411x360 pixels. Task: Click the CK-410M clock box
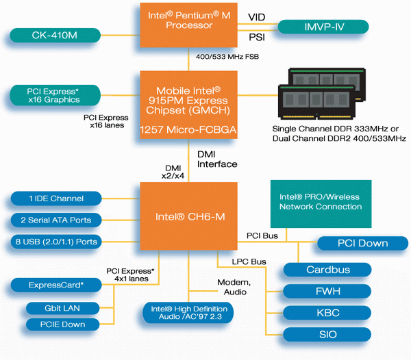click(x=55, y=35)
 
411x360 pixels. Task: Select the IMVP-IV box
click(x=323, y=27)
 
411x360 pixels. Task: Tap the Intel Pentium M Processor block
click(x=189, y=25)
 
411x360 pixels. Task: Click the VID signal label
click(x=257, y=17)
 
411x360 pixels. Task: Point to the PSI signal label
click(x=257, y=37)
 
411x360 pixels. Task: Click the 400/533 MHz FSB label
click(x=227, y=57)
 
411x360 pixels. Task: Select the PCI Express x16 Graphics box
click(x=55, y=95)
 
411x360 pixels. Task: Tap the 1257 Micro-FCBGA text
click(x=188, y=129)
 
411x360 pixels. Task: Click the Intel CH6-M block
click(x=189, y=216)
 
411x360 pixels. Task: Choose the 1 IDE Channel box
click(x=56, y=198)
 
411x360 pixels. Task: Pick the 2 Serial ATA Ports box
click(x=56, y=220)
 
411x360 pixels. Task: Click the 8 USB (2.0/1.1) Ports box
click(x=56, y=242)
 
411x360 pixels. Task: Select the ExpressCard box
click(x=56, y=285)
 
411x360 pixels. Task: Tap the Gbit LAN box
click(x=62, y=308)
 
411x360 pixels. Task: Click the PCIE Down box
click(x=62, y=324)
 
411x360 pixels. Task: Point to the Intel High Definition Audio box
click(x=188, y=313)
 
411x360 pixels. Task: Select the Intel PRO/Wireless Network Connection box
click(x=321, y=204)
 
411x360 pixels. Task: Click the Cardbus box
click(x=327, y=270)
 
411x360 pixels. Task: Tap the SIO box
click(x=327, y=335)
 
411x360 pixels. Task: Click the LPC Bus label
click(x=249, y=261)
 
